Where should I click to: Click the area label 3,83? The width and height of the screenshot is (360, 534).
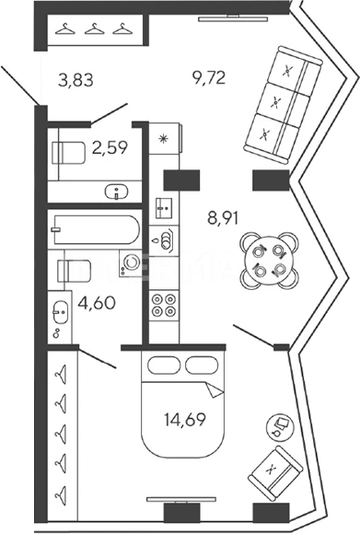click(x=75, y=81)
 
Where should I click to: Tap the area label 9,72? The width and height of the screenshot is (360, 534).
click(x=209, y=78)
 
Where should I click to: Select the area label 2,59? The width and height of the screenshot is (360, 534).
click(x=110, y=148)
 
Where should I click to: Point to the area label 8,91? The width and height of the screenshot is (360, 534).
click(x=223, y=217)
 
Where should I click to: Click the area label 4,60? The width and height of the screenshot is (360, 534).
click(x=97, y=303)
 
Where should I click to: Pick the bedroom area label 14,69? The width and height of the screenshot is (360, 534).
click(x=185, y=420)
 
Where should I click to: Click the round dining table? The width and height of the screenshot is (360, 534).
click(x=269, y=261)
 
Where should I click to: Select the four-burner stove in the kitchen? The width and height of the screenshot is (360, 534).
click(x=164, y=305)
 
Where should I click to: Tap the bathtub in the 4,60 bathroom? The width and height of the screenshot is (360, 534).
click(x=97, y=230)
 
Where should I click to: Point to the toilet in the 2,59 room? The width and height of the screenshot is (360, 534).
click(x=68, y=153)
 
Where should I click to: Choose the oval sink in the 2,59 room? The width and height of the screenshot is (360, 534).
click(x=117, y=192)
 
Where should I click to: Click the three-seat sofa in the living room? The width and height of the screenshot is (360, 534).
click(x=283, y=105)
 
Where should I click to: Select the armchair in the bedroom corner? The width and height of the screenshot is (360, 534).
click(x=275, y=473)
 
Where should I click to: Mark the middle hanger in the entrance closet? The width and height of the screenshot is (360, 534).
click(x=94, y=29)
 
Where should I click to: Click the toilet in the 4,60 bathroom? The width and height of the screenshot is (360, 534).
click(x=75, y=271)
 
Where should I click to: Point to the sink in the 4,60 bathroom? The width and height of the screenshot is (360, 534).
click(x=60, y=312)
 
